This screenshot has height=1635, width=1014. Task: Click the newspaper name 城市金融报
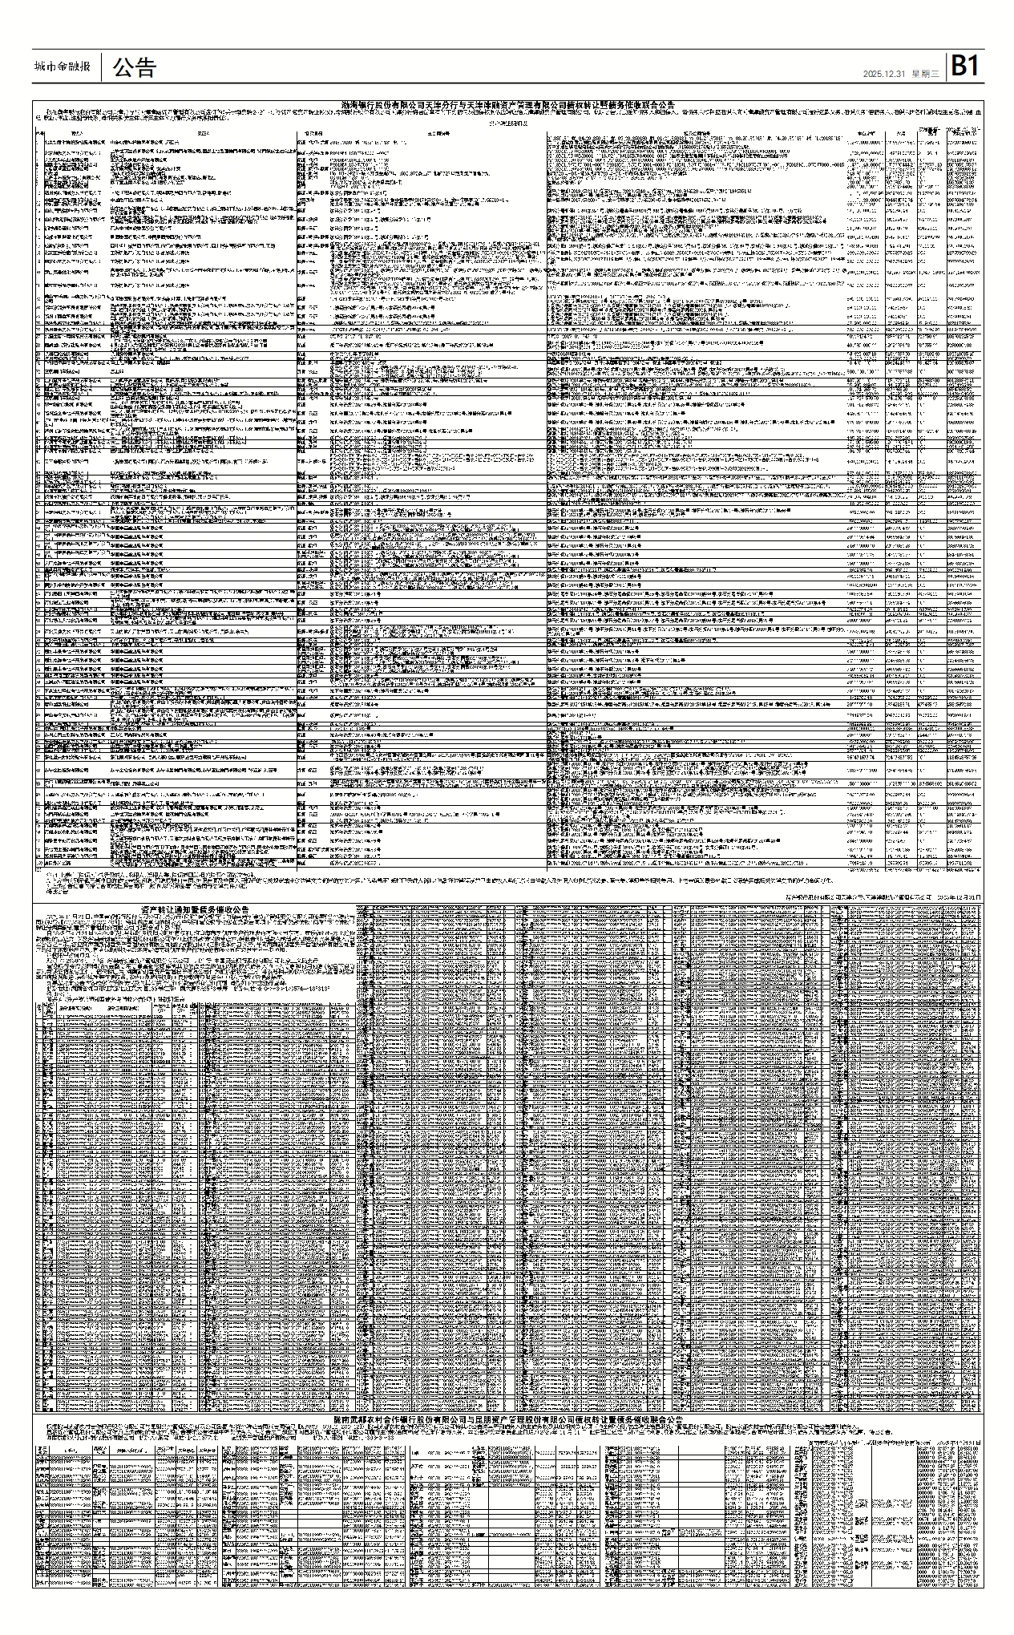click(63, 67)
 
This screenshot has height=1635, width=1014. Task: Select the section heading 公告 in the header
click(134, 67)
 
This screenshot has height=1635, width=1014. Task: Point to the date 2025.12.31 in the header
click(885, 73)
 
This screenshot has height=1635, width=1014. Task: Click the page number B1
click(965, 67)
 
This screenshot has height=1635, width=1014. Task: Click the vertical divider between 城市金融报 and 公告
click(103, 67)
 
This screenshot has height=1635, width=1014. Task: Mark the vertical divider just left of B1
click(946, 67)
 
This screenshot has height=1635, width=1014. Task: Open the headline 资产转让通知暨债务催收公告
click(195, 909)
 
